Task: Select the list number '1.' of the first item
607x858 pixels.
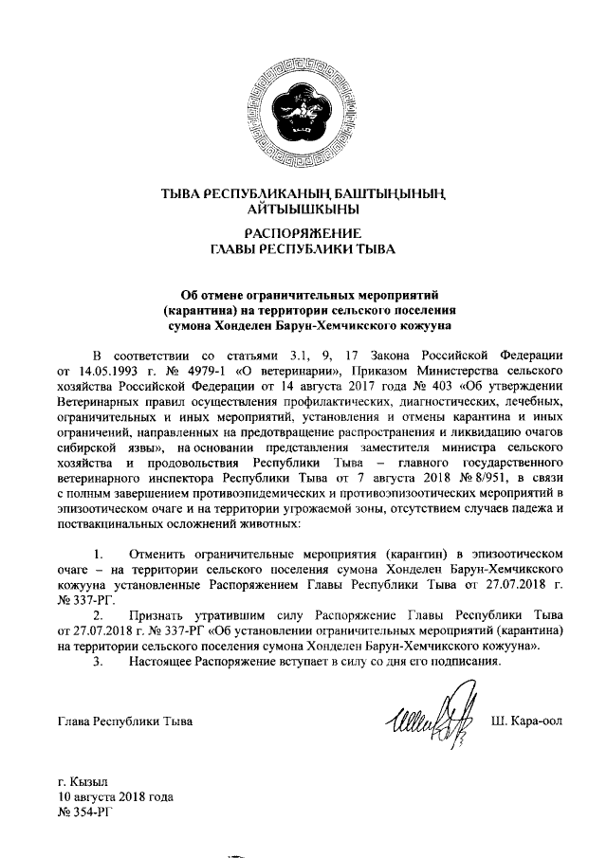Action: [97, 553]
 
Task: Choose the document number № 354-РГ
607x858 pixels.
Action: [85, 813]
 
